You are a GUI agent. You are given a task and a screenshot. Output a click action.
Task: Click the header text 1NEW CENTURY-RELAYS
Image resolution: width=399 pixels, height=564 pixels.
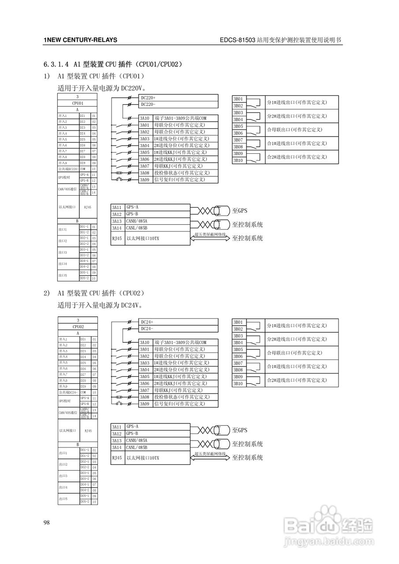click(x=80, y=40)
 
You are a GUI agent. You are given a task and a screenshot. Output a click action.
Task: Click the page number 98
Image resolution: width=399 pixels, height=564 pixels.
click(x=47, y=523)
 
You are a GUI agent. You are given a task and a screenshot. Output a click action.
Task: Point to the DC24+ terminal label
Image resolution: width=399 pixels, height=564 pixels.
click(x=147, y=322)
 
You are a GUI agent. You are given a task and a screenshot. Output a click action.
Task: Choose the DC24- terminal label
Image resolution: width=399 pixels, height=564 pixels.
click(x=147, y=329)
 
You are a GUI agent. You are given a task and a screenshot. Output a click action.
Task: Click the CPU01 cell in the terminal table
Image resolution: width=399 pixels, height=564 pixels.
click(x=78, y=103)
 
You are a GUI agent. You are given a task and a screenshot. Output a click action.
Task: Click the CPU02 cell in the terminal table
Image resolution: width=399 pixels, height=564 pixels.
click(x=78, y=327)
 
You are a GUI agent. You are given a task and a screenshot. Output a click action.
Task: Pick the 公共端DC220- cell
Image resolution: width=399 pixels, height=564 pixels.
click(x=68, y=169)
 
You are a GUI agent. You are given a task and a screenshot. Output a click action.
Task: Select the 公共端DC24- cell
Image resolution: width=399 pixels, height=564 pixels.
click(x=68, y=392)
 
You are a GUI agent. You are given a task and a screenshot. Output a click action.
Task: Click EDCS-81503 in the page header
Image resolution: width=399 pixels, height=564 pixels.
click(x=237, y=40)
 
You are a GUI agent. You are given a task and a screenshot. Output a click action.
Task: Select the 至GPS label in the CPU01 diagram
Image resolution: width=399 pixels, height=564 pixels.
click(x=240, y=211)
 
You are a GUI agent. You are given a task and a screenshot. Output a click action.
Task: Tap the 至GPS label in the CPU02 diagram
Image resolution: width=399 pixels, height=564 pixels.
click(x=240, y=430)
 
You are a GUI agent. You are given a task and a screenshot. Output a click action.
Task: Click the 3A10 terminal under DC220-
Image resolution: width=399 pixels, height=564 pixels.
click(x=145, y=118)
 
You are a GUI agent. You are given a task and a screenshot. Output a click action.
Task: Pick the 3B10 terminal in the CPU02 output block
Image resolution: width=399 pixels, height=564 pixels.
click(x=238, y=384)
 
